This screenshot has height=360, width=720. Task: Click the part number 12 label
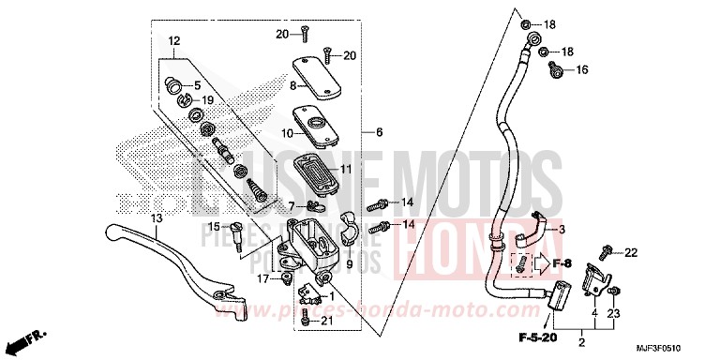[174, 40]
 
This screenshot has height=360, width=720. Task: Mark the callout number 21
[326, 321]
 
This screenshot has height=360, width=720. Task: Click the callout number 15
[213, 227]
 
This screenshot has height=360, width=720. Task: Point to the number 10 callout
[287, 134]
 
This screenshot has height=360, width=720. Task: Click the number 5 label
[197, 85]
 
